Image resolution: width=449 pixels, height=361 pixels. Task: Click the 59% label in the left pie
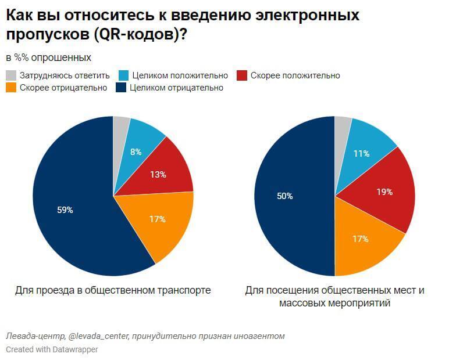pos(65,210)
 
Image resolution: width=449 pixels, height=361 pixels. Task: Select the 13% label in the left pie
pos(158,174)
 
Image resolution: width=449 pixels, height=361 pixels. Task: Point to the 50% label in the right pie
pos(284,196)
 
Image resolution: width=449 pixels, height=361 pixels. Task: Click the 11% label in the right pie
pos(362,154)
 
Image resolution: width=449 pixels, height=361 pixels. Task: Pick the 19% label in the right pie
pos(384,192)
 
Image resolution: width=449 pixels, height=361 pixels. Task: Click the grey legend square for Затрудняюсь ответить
pos(11,75)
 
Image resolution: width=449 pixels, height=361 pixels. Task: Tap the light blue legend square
pos(123,75)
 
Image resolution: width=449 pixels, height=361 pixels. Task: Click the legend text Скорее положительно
pos(295,75)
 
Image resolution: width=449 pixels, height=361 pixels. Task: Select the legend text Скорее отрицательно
pos(63,88)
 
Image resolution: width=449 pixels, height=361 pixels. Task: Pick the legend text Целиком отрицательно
pos(176,88)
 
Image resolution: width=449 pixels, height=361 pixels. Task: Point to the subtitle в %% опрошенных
pos(48,57)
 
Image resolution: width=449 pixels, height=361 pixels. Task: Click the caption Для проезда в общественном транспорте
pos(113,290)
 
